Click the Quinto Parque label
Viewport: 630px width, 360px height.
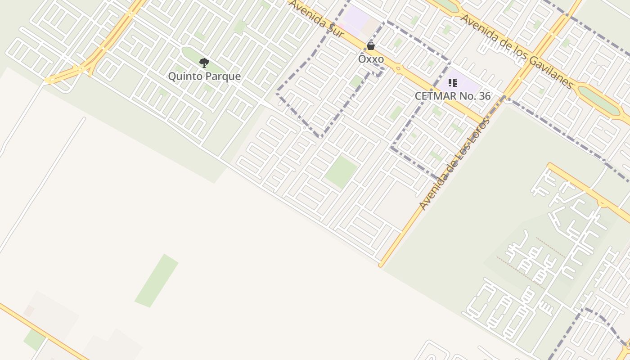tap(204, 76)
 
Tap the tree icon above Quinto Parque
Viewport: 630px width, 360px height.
tap(204, 63)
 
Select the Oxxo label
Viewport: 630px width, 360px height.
tap(371, 59)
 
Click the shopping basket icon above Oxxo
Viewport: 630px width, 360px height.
tap(371, 46)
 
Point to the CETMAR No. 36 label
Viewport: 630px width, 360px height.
tap(452, 96)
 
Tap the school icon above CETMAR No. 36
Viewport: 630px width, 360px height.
tap(453, 83)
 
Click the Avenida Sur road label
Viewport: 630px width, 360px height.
tap(317, 19)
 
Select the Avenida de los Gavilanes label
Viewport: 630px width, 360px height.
tap(517, 52)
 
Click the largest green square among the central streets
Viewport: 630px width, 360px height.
tap(342, 171)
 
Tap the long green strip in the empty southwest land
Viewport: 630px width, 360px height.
tap(157, 281)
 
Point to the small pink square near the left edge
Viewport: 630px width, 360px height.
tap(29, 310)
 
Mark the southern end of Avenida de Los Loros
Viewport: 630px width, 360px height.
tap(381, 265)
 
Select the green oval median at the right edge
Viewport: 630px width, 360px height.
tap(598, 99)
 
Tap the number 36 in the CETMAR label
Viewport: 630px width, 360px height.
tap(484, 96)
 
